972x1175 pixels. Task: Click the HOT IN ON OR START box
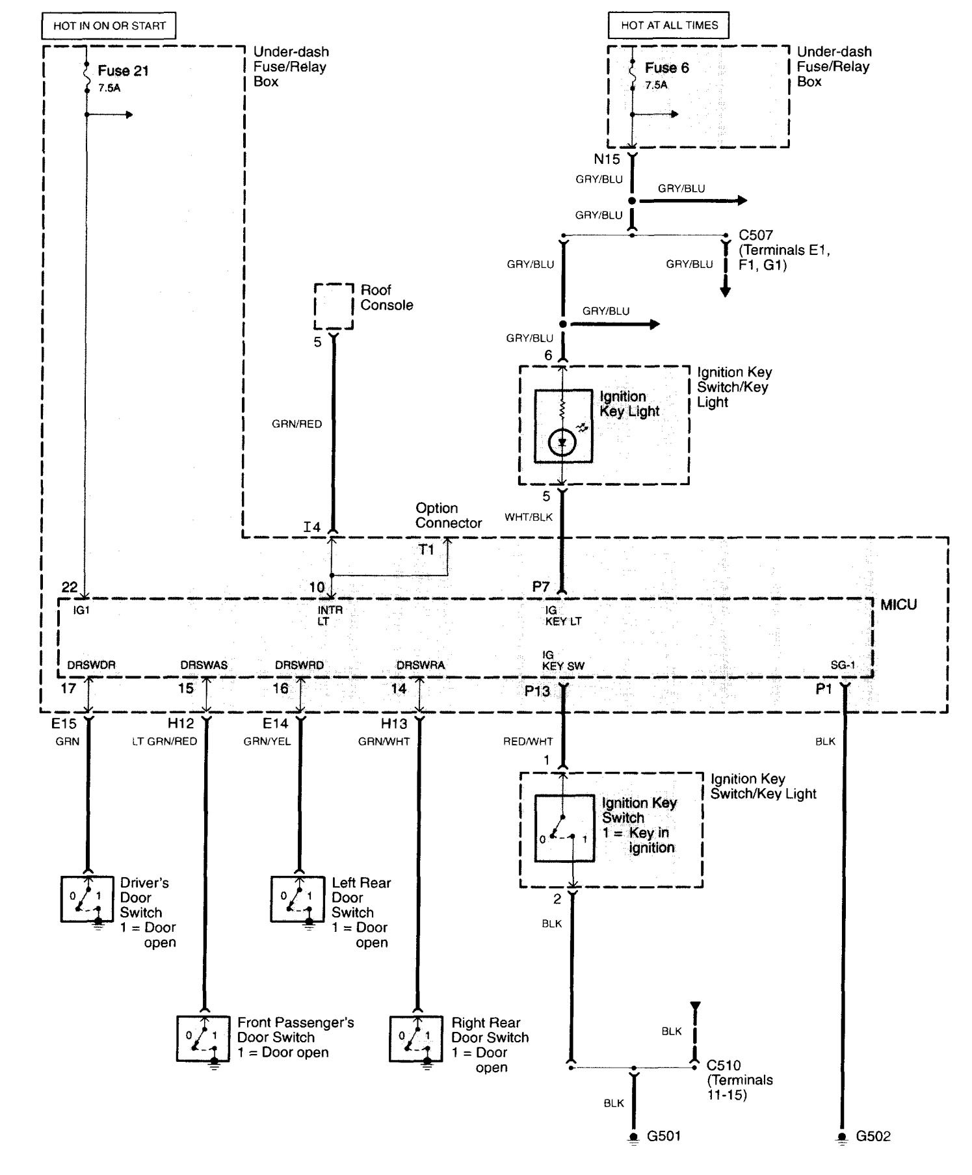pyautogui.click(x=109, y=26)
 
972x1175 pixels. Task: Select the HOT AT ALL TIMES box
pyautogui.click(x=669, y=25)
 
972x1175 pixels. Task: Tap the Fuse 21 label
pyautogui.click(x=124, y=71)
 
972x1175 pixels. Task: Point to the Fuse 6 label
pyautogui.click(x=667, y=68)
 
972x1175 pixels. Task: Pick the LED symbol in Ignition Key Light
pyautogui.click(x=562, y=443)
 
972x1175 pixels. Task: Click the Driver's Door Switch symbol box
pyautogui.click(x=88, y=899)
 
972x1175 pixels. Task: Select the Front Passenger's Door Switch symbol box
pyautogui.click(x=204, y=1038)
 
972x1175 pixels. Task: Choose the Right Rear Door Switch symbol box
pyautogui.click(x=417, y=1038)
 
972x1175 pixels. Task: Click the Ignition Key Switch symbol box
pyautogui.click(x=564, y=828)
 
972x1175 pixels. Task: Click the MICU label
pyautogui.click(x=899, y=605)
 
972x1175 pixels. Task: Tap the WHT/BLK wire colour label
pyautogui.click(x=529, y=517)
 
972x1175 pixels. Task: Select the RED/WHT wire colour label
pyautogui.click(x=528, y=741)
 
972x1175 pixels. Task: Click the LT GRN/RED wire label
pyautogui.click(x=164, y=741)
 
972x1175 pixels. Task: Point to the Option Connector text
pyautogui.click(x=449, y=516)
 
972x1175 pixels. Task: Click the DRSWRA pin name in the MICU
pyautogui.click(x=421, y=665)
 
